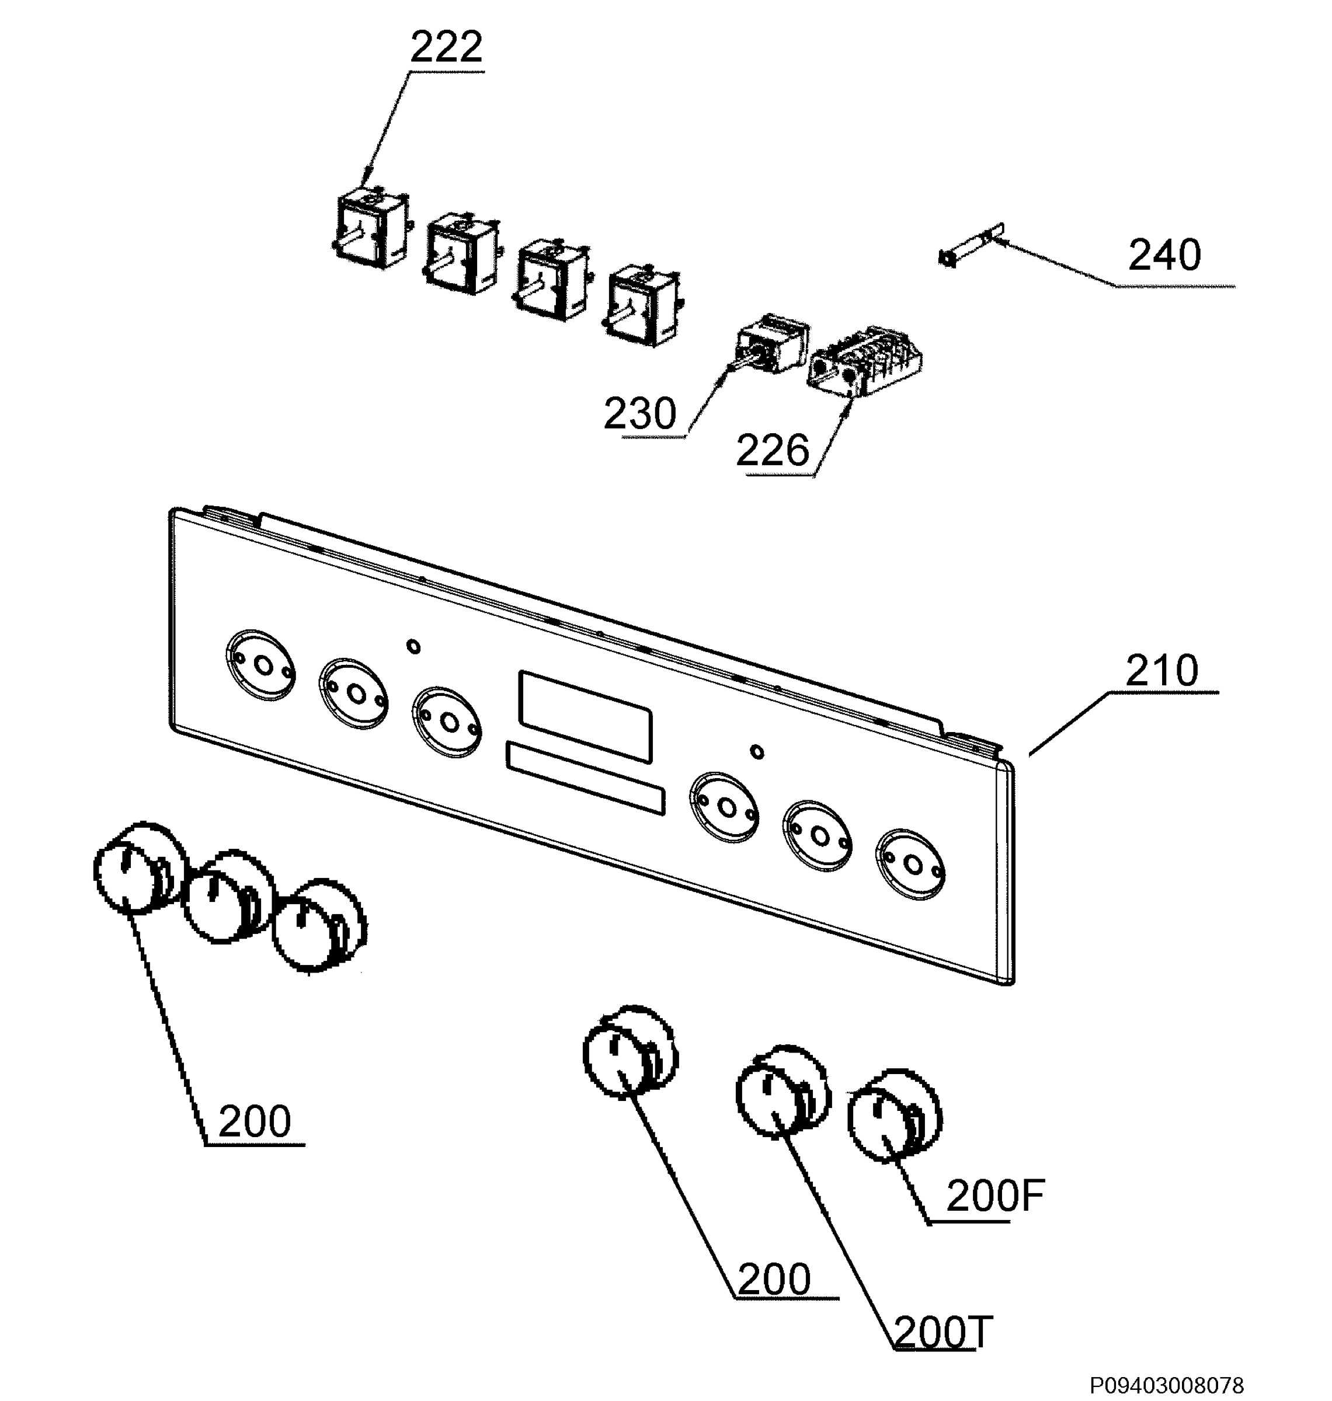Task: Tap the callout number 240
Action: coord(1165,256)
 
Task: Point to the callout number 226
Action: coord(773,451)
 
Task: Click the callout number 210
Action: coord(1162,670)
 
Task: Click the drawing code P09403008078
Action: coord(1167,1385)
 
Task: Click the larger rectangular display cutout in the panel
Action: coord(586,716)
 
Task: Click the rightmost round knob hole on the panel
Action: coord(911,865)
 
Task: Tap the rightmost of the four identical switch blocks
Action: coord(642,305)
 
